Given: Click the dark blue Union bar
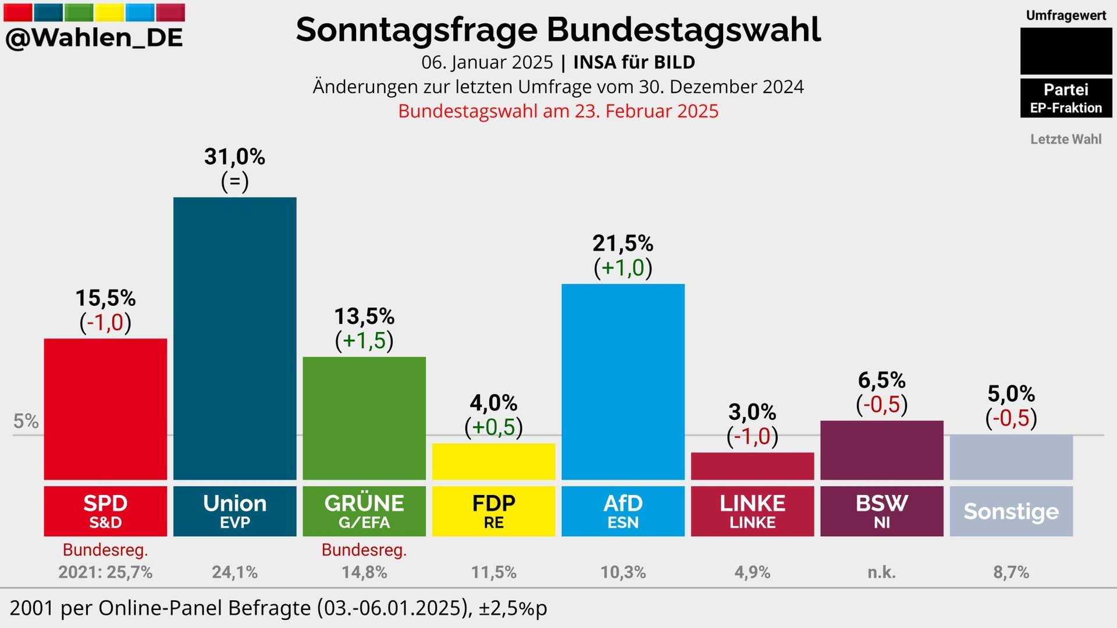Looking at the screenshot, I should coord(234,338).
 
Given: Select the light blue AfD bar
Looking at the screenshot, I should coord(622,381).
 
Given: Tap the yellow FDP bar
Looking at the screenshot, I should coord(493,461).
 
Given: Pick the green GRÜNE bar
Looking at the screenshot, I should coord(364,418).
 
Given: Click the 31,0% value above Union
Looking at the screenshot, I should coord(234,156).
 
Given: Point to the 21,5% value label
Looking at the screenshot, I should coord(622,243).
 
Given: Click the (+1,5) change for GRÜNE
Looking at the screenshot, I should coord(364,341).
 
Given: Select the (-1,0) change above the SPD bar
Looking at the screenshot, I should coord(105,322).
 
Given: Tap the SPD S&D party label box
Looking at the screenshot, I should coord(105,511).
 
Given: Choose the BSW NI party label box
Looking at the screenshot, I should coord(881,511).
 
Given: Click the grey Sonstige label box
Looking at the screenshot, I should coord(1011,511).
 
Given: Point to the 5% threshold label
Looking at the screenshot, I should coord(26,421).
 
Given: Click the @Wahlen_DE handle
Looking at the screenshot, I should coord(94,38).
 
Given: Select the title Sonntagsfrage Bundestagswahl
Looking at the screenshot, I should coord(558,30).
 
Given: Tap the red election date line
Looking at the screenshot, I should coord(558,111).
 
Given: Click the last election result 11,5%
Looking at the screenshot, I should coord(493,572).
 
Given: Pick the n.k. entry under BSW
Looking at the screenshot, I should coord(881,572).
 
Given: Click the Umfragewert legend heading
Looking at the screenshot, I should coord(1066,16).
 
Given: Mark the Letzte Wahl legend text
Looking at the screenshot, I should coord(1066,139).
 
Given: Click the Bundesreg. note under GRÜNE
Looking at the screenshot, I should coord(364,549).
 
